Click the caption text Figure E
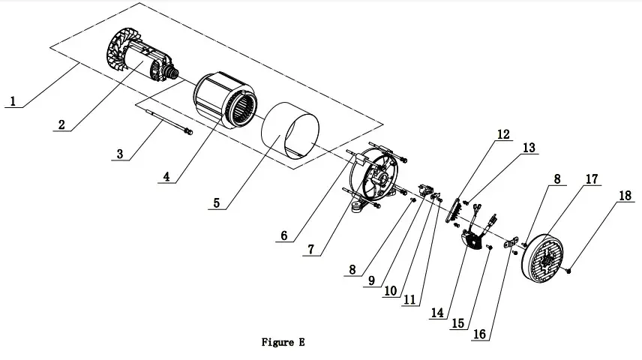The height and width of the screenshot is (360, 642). (x=283, y=342)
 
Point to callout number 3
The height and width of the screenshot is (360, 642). (x=119, y=154)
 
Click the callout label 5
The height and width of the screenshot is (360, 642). (x=217, y=202)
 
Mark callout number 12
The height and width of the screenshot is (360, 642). (x=502, y=135)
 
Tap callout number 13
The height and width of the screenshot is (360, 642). (x=529, y=148)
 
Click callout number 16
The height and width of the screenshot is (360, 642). (x=478, y=334)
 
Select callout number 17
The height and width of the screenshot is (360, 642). (x=592, y=179)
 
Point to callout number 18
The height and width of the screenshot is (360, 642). (x=623, y=196)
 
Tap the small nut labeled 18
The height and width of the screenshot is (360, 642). (x=569, y=269)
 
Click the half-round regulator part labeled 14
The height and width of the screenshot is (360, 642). (x=470, y=241)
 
